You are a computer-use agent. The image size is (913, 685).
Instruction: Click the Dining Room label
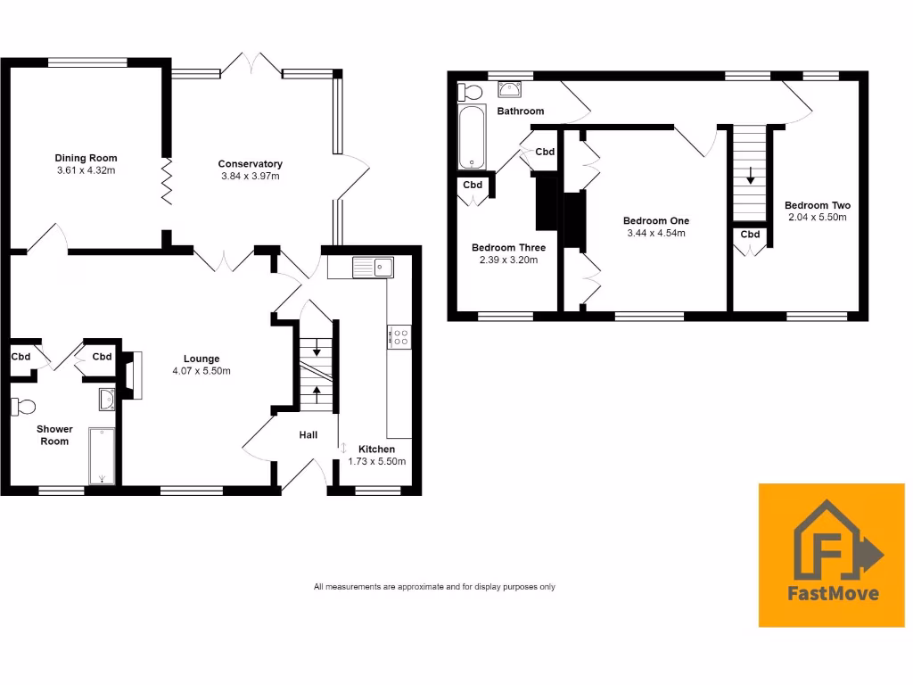pyautogui.click(x=86, y=158)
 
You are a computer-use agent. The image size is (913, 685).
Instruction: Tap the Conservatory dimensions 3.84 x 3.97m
pyautogui.click(x=251, y=176)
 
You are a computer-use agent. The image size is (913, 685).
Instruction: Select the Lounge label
pyautogui.click(x=201, y=359)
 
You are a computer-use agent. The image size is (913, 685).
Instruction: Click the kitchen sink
pyautogui.click(x=373, y=266)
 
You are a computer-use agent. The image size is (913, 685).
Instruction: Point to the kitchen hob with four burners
pyautogui.click(x=399, y=335)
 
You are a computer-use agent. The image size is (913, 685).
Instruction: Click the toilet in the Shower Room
pyautogui.click(x=23, y=407)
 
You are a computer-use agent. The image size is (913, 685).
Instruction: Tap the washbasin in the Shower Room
pyautogui.click(x=106, y=399)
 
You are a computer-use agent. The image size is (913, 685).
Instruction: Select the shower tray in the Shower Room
pyautogui.click(x=102, y=456)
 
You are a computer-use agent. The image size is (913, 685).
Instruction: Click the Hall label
pyautogui.click(x=308, y=434)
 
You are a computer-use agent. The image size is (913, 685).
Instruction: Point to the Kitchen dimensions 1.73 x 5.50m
pyautogui.click(x=382, y=461)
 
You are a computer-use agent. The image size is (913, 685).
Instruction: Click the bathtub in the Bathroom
pyautogui.click(x=472, y=137)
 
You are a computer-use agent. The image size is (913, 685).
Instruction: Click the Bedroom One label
pyautogui.click(x=655, y=220)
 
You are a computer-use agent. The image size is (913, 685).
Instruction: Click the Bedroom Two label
pyautogui.click(x=818, y=205)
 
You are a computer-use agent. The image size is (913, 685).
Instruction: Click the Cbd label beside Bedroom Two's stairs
pyautogui.click(x=750, y=235)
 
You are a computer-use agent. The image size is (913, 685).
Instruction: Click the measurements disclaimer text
pyautogui.click(x=434, y=587)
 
